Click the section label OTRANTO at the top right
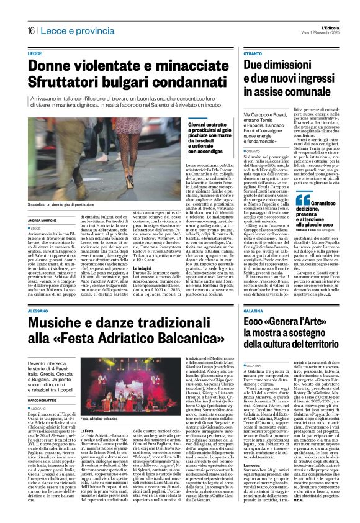[253, 55]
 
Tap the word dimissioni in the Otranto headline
[301, 65]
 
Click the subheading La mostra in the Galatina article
[251, 480]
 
